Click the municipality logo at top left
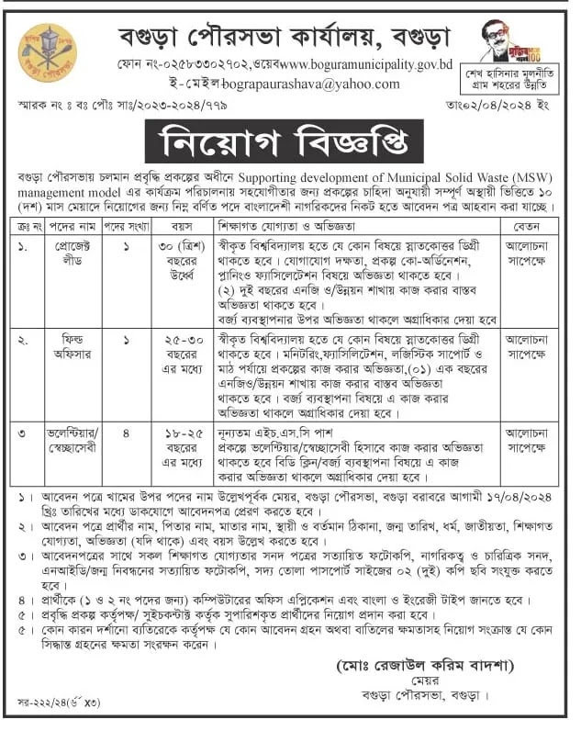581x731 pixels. click(48, 50)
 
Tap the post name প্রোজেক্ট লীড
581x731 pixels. click(68, 252)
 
